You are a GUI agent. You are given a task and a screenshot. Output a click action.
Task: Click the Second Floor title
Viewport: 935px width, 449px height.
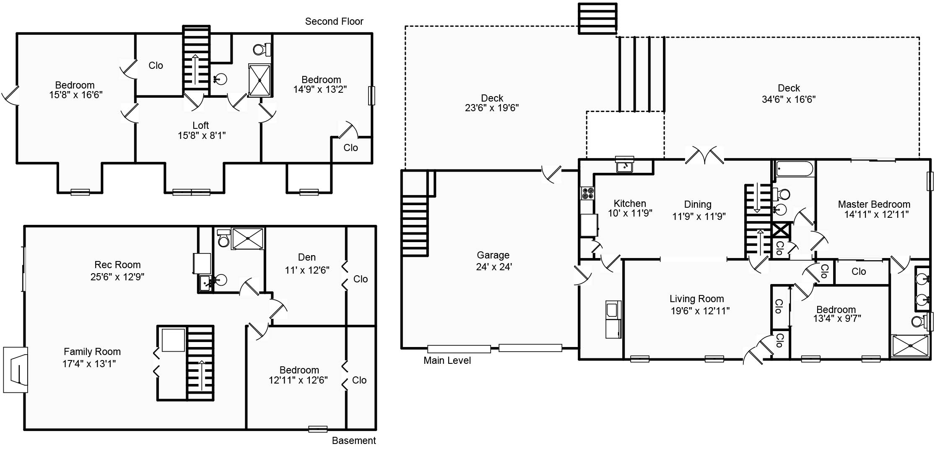[334, 21]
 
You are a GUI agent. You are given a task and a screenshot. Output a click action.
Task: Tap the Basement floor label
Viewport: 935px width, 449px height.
[354, 441]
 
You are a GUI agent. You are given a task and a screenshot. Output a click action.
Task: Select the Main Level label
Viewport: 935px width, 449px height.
[447, 360]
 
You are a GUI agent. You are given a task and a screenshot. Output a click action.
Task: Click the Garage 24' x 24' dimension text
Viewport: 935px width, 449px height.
[494, 267]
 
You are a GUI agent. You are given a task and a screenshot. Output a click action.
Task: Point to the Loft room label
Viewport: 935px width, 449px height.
[200, 125]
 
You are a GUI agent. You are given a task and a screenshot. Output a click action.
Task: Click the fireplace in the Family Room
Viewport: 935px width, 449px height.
[16, 370]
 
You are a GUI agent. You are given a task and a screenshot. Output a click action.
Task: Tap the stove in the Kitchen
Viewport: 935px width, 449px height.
[587, 193]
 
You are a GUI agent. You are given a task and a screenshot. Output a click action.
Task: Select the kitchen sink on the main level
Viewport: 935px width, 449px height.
[625, 166]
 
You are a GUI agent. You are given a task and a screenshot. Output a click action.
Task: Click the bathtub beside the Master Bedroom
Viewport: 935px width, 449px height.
[795, 169]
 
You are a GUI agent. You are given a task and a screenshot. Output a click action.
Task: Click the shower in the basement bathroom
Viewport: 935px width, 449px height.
[248, 238]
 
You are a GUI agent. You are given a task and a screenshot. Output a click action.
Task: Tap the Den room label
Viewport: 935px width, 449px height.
[306, 257]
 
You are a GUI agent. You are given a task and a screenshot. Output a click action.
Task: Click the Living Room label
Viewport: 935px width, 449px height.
[696, 299]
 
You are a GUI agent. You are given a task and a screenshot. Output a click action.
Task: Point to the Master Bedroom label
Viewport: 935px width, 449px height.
[874, 204]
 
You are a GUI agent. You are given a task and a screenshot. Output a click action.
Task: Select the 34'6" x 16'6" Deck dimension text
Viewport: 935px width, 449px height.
[788, 99]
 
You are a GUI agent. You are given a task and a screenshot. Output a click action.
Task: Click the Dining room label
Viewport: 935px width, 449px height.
[698, 204]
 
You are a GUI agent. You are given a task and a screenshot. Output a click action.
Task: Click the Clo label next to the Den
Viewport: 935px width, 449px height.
[361, 279]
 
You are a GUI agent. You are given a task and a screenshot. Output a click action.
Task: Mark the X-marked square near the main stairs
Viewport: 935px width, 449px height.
[781, 231]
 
